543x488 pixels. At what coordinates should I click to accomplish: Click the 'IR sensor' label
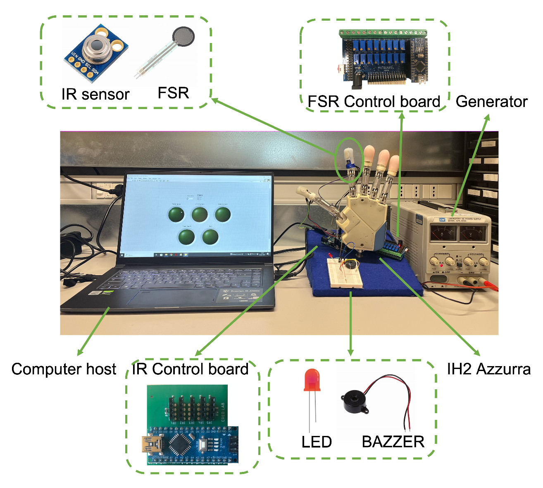[95, 94]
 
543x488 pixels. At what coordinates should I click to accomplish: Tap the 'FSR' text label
[173, 93]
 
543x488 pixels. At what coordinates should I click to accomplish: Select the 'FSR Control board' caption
[374, 102]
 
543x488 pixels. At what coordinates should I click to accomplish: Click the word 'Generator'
[491, 102]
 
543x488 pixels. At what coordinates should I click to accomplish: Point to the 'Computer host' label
[64, 369]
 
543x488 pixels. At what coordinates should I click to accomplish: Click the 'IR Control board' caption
[190, 369]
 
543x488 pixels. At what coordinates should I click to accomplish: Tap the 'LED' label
[316, 442]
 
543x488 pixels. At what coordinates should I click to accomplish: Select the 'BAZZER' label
[393, 442]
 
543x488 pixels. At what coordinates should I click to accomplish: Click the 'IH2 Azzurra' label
[488, 369]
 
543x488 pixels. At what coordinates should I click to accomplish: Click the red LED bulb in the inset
[312, 380]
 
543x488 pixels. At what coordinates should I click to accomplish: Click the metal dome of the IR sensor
[96, 47]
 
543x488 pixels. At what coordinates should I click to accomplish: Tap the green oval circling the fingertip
[350, 159]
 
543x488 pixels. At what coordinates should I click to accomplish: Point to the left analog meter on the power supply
[442, 233]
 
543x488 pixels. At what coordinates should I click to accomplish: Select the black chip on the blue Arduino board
[178, 444]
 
